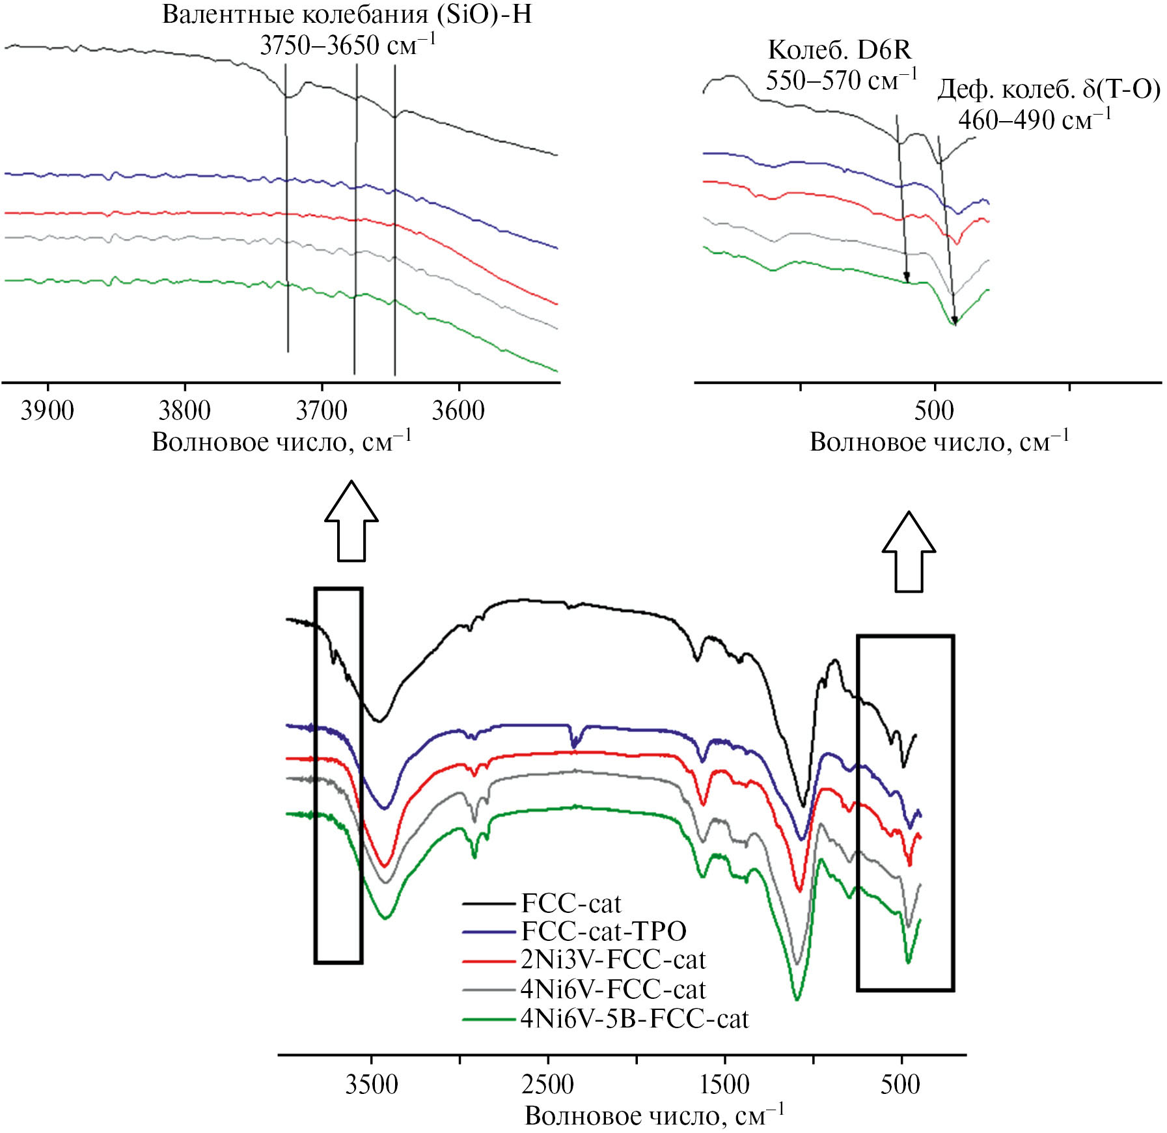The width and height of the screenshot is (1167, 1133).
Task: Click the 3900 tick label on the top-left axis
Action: coord(48,411)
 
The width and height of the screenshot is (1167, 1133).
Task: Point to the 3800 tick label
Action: coord(185,411)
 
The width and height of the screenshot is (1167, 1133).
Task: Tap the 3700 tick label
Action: coord(322,411)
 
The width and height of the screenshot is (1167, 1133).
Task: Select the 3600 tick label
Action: coord(458,411)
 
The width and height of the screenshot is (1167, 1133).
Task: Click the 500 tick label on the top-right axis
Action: coord(934,411)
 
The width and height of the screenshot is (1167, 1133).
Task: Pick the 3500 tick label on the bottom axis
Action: coord(372,1084)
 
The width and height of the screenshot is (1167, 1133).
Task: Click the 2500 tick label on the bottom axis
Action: coord(548,1084)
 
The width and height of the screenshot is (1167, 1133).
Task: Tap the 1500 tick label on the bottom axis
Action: coord(724,1084)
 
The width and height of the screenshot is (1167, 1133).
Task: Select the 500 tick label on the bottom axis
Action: coord(901,1084)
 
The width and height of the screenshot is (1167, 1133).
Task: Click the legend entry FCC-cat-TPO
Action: coord(603,932)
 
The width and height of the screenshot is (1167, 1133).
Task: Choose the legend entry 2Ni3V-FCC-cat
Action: coord(613,960)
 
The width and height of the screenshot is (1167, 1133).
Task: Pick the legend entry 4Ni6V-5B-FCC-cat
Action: coord(635,1018)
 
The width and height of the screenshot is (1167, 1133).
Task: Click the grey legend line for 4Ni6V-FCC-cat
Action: coord(489,990)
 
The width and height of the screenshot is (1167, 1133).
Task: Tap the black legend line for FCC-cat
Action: coord(489,904)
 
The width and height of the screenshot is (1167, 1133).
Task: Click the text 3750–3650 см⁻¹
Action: coord(348,46)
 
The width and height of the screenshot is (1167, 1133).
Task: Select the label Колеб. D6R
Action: coord(840,50)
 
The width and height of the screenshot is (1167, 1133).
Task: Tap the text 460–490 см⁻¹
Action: coord(1035,120)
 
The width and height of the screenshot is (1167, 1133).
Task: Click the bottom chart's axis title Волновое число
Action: coord(654,1116)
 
